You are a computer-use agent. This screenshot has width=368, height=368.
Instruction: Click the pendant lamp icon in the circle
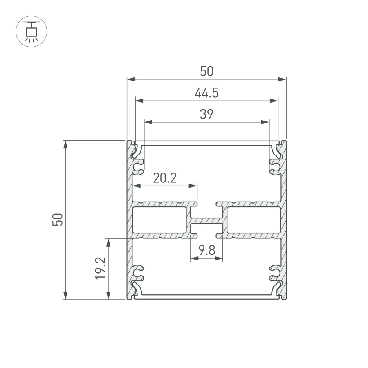pyautogui.click(x=31, y=31)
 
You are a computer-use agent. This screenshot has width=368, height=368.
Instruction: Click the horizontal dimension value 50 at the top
pyautogui.click(x=206, y=72)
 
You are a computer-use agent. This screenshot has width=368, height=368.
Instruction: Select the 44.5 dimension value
pyautogui.click(x=206, y=93)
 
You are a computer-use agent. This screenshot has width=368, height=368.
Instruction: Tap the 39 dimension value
pyautogui.click(x=206, y=114)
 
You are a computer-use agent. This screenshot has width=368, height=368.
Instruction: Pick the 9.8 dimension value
pyautogui.click(x=206, y=250)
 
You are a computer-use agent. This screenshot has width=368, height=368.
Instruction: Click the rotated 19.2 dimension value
pyautogui.click(x=101, y=268)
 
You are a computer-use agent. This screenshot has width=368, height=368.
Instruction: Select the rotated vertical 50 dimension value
pyautogui.click(x=58, y=220)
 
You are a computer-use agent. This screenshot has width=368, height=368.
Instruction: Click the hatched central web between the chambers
pyautogui.click(x=206, y=220)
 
